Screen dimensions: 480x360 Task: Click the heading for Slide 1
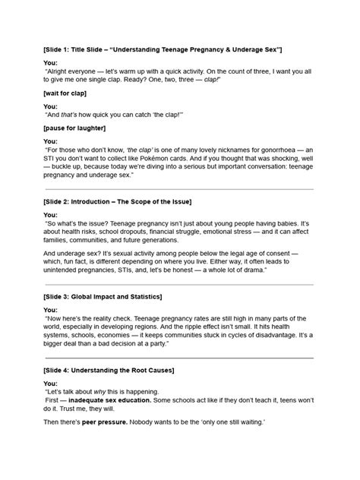point(163,48)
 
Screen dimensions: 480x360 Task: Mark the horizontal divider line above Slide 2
point(179,189)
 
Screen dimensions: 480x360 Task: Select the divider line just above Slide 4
point(179,357)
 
